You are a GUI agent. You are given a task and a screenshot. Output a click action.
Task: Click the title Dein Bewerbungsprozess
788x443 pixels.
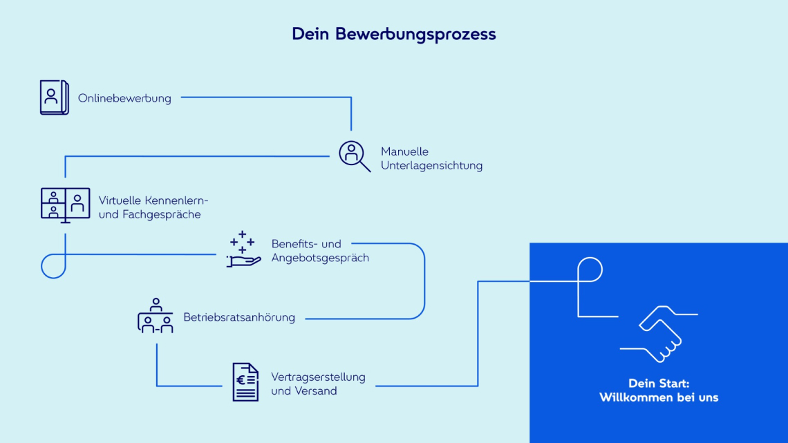click(393, 34)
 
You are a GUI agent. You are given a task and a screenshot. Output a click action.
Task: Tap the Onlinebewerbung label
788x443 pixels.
click(124, 98)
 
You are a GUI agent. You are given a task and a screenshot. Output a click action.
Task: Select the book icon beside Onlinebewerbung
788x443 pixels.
click(54, 97)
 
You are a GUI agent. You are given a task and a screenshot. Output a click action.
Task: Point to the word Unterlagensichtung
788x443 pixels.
click(431, 166)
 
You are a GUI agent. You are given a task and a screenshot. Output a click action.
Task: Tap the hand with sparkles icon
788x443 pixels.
click(243, 250)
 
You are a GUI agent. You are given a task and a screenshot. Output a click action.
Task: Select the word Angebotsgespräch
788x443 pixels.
click(320, 258)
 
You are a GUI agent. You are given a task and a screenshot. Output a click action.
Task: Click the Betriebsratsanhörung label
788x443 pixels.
click(239, 317)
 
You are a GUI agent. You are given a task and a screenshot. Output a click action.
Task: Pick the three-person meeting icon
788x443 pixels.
click(156, 317)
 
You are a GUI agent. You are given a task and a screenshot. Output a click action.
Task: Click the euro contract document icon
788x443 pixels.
click(245, 382)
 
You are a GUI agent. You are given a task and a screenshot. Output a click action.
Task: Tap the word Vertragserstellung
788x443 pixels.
click(318, 377)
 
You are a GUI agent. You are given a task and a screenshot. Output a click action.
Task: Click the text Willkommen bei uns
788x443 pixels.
click(659, 397)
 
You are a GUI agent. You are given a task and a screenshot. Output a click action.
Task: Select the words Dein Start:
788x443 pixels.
click(659, 383)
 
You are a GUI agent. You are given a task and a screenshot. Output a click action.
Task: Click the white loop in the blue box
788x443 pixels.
click(590, 270)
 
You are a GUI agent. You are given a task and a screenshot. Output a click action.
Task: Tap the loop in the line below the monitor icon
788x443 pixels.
click(53, 265)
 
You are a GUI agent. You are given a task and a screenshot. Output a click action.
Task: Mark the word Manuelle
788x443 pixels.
click(404, 151)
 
